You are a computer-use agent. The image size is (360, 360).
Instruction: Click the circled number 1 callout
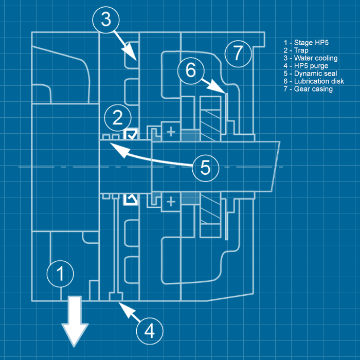(x=61, y=273)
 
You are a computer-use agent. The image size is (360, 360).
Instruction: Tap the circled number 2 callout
(x=117, y=118)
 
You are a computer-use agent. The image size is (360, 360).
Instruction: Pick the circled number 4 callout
(x=149, y=330)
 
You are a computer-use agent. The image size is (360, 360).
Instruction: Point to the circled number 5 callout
(x=205, y=167)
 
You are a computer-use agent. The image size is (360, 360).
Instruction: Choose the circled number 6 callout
(x=191, y=70)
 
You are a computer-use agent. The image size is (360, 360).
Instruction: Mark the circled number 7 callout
(x=238, y=52)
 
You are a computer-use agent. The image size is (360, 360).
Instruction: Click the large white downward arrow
(x=75, y=322)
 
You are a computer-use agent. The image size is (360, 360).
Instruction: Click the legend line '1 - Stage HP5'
(x=306, y=42)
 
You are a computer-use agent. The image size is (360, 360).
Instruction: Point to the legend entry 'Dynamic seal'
(x=311, y=74)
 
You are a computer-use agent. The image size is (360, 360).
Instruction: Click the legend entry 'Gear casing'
(x=308, y=89)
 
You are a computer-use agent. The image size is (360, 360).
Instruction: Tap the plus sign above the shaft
(x=171, y=132)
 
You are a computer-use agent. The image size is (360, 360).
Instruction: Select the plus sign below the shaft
(x=171, y=202)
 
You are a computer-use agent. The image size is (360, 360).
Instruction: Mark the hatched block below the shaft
(x=210, y=216)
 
